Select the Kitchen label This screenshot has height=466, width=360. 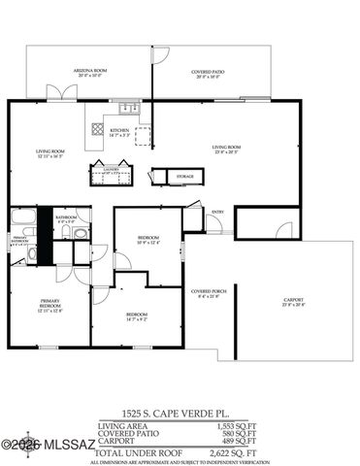pos(119,131)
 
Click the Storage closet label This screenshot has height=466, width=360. pos(184,176)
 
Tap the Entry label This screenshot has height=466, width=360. pos(217,212)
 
